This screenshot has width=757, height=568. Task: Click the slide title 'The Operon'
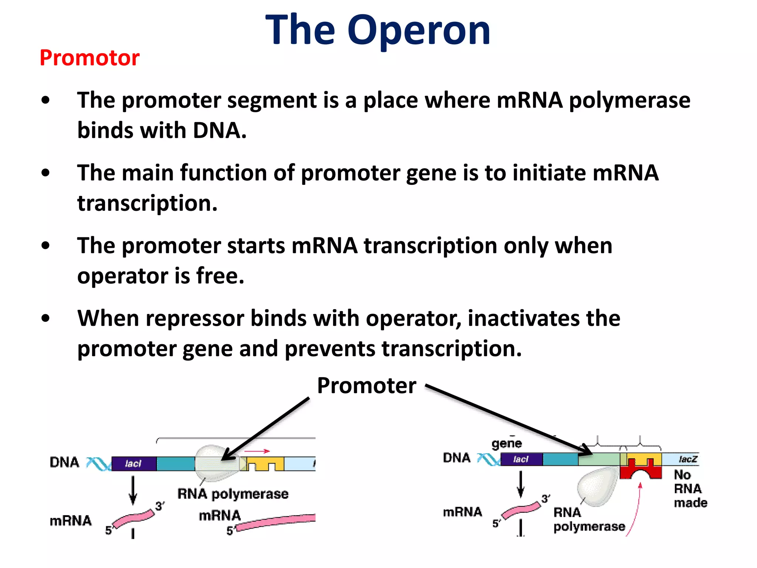378,30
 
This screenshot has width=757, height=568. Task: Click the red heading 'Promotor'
89,58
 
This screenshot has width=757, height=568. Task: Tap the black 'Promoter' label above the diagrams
366,386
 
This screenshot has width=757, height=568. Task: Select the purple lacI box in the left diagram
133,464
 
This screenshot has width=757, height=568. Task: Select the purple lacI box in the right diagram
521,459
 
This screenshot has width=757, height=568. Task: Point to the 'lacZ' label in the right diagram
688,459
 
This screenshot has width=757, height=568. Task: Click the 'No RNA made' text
689,488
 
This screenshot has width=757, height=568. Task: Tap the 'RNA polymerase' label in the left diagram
233,494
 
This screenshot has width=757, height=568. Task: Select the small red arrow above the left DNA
257,451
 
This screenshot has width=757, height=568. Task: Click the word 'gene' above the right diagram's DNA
507,443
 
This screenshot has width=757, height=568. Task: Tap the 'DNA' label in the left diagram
65,462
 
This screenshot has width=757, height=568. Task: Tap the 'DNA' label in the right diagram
457,458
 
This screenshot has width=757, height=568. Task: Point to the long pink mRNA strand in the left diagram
277,522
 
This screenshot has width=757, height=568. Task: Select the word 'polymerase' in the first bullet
629,100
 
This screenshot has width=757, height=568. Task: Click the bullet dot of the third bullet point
45,246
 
